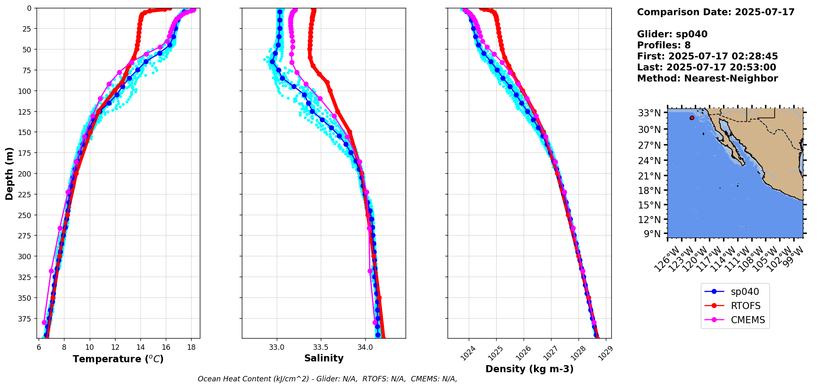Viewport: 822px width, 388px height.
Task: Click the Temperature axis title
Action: point(118,359)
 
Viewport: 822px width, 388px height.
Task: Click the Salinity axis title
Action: point(324,358)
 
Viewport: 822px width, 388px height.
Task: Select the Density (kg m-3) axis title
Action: point(529,369)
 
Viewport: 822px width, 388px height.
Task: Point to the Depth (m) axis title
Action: point(9,173)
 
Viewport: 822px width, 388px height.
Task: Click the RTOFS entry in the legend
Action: point(746,306)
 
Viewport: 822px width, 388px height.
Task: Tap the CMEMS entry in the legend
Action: point(748,320)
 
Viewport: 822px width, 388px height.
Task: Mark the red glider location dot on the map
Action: point(692,118)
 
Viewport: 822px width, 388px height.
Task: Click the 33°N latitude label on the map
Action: point(649,113)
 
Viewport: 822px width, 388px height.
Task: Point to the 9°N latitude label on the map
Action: point(652,234)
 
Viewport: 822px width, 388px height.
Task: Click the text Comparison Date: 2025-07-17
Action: point(716,12)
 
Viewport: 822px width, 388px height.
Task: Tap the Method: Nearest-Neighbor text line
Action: point(707,79)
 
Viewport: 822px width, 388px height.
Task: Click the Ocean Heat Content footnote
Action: point(327,379)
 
